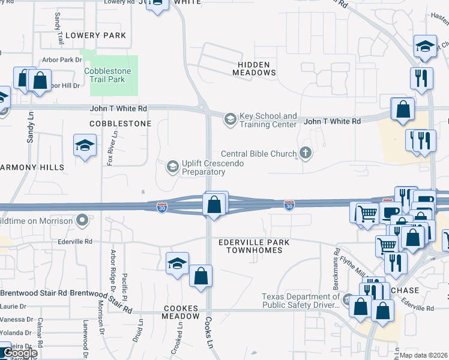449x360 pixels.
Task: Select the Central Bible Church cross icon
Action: [x=306, y=154]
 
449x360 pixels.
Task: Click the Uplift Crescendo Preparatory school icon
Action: [x=173, y=166]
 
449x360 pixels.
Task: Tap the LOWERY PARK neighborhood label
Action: [x=96, y=35]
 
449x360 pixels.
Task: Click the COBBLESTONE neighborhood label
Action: [x=121, y=123]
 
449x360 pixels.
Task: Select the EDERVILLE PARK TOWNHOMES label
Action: [x=254, y=246]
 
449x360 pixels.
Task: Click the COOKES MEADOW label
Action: [x=181, y=311]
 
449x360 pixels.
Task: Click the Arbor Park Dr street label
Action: [x=61, y=60]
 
